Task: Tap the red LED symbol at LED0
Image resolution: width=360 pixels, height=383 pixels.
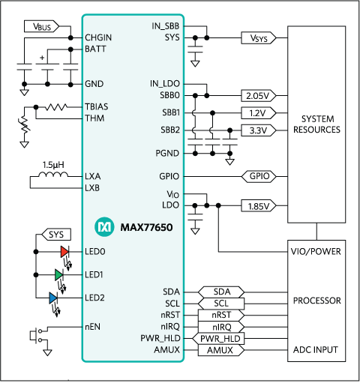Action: click(64, 251)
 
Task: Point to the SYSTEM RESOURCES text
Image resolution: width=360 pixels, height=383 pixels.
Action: click(319, 124)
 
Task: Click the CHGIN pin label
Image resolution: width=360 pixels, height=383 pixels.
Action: click(99, 37)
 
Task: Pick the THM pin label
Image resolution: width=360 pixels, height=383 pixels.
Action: click(95, 118)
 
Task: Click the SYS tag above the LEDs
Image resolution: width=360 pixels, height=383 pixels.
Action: click(55, 235)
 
